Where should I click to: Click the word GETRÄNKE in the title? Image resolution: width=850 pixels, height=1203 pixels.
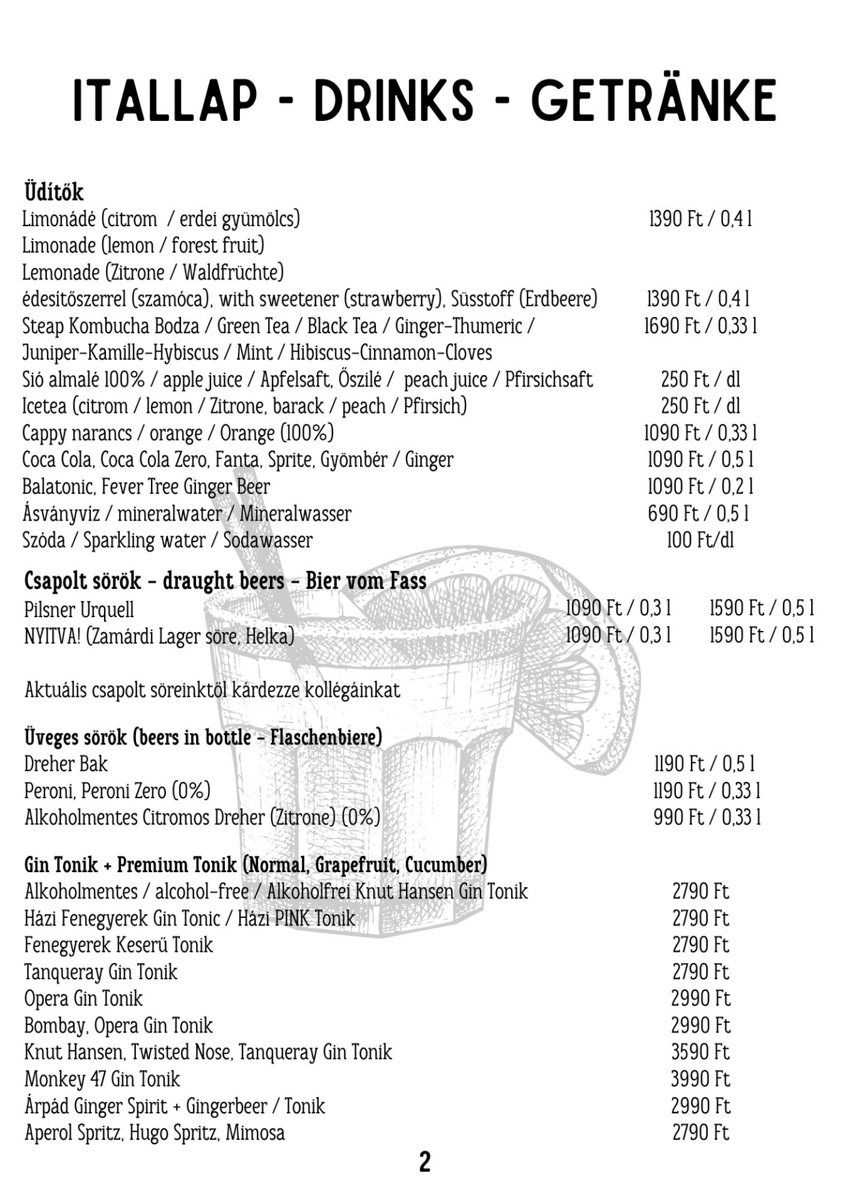(x=653, y=100)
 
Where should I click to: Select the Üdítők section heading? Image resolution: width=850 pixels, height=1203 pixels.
(x=54, y=192)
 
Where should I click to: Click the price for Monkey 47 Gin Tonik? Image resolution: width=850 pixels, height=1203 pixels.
(x=700, y=1079)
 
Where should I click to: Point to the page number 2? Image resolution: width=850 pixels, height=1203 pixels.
(x=425, y=1162)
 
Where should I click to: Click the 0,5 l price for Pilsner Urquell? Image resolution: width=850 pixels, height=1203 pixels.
(x=762, y=608)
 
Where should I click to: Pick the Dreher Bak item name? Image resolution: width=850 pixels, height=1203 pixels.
(x=66, y=764)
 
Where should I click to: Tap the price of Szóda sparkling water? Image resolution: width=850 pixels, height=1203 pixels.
(x=700, y=540)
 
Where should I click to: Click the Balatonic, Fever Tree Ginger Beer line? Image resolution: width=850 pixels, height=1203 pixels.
(x=146, y=487)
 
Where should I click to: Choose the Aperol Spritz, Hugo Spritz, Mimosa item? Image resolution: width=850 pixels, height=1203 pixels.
(x=155, y=1133)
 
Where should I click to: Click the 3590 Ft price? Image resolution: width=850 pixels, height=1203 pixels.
(x=700, y=1052)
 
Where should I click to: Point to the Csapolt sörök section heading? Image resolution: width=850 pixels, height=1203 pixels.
(x=225, y=581)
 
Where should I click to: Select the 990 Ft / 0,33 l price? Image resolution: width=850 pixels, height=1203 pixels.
(x=707, y=818)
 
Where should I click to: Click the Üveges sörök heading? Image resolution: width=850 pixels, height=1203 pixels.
(x=203, y=737)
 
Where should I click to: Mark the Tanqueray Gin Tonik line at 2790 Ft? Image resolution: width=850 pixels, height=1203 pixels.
(x=101, y=972)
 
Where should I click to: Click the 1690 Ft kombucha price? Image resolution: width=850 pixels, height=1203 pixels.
(x=700, y=326)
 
